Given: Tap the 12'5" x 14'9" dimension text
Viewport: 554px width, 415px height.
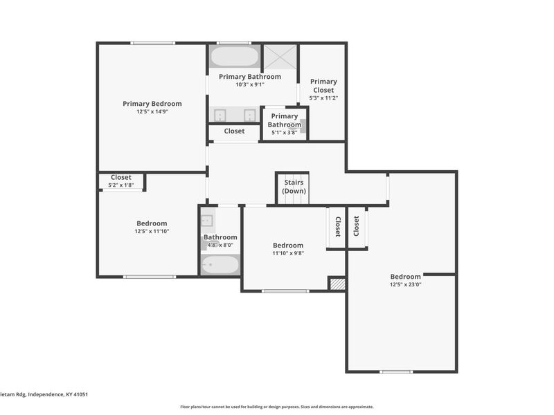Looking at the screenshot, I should point(152,111).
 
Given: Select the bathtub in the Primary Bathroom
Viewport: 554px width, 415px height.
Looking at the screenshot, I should point(234,57).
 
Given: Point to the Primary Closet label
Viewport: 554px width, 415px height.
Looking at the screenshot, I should point(323,85).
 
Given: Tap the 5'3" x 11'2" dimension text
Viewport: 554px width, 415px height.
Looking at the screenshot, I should point(323,98).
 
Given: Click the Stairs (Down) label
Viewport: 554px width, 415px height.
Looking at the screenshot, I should point(294,187).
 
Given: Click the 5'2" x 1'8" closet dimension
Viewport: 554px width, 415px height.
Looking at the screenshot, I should point(120,185).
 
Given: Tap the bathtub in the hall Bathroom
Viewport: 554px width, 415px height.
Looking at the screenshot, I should point(220,265).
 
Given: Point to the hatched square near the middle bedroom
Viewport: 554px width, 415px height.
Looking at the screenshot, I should point(337,284).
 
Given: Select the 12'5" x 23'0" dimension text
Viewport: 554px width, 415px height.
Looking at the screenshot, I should point(405,284).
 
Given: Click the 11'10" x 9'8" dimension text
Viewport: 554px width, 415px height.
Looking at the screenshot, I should point(287,253).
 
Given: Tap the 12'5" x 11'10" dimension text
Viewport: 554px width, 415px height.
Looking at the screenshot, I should point(151,231).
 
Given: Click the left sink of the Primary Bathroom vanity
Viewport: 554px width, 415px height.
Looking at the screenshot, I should point(221,115).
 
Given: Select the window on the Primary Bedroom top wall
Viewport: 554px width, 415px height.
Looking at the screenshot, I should point(152,44).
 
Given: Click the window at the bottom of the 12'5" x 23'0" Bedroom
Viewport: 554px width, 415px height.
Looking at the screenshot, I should point(396,371).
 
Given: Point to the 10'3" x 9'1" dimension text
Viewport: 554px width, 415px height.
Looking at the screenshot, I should point(250,84).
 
